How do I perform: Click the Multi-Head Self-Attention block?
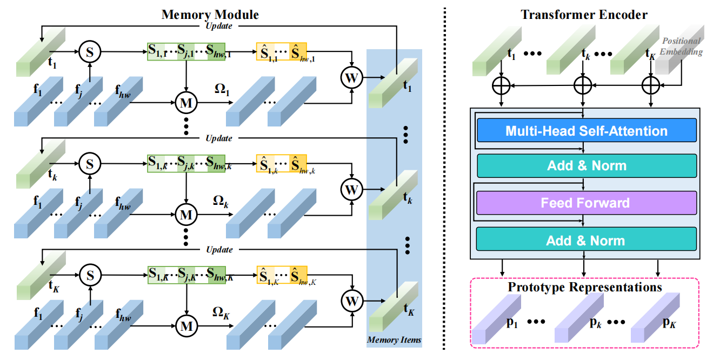click(x=587, y=131)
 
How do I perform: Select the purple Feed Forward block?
click(x=587, y=203)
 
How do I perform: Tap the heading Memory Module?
click(x=210, y=14)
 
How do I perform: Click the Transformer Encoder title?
click(x=584, y=15)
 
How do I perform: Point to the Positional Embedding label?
click(x=683, y=46)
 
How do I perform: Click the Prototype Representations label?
click(x=585, y=287)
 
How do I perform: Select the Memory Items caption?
click(x=394, y=340)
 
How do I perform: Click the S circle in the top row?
click(x=90, y=52)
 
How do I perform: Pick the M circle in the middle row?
click(x=185, y=213)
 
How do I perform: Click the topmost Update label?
click(x=219, y=26)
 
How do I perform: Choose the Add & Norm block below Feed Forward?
click(x=587, y=241)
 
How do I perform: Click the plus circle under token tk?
click(x=582, y=85)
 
